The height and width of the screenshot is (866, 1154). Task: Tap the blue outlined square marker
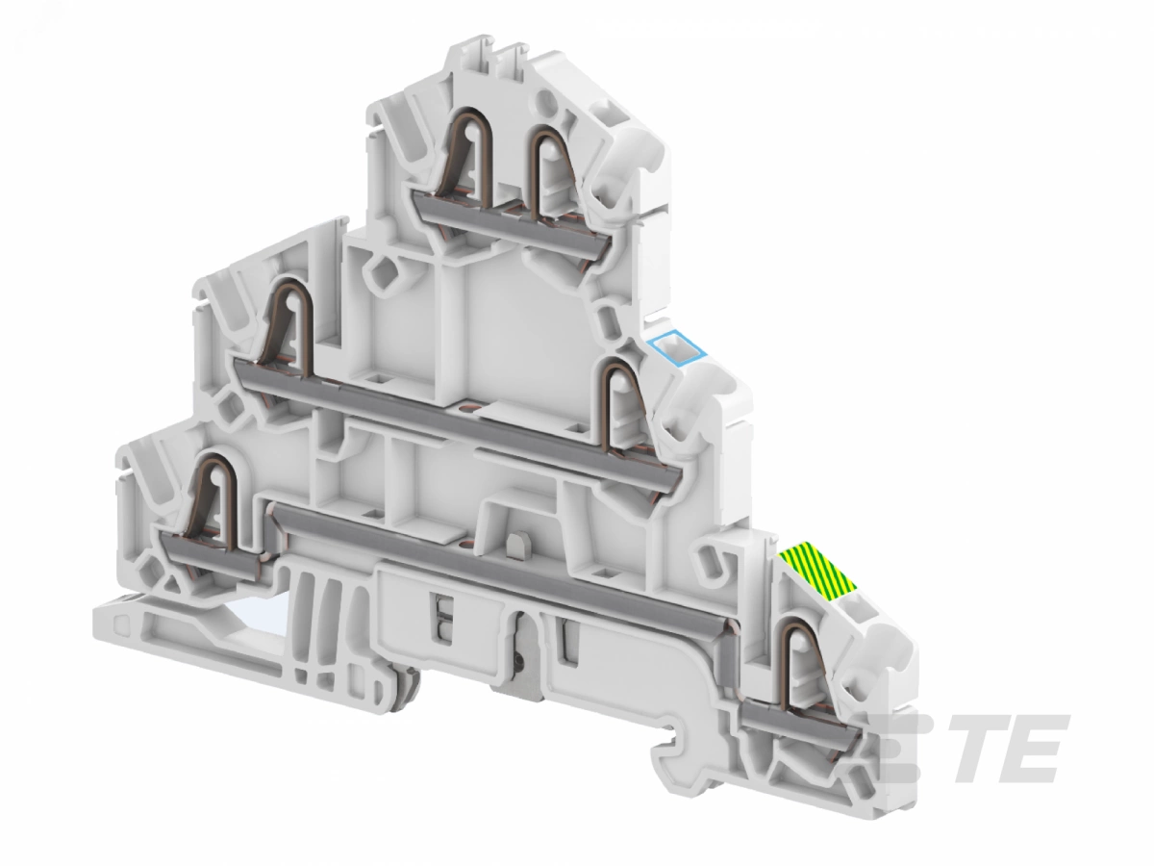(677, 348)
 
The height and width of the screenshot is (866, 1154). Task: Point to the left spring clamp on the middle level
(290, 327)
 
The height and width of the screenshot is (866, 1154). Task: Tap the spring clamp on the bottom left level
(216, 498)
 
